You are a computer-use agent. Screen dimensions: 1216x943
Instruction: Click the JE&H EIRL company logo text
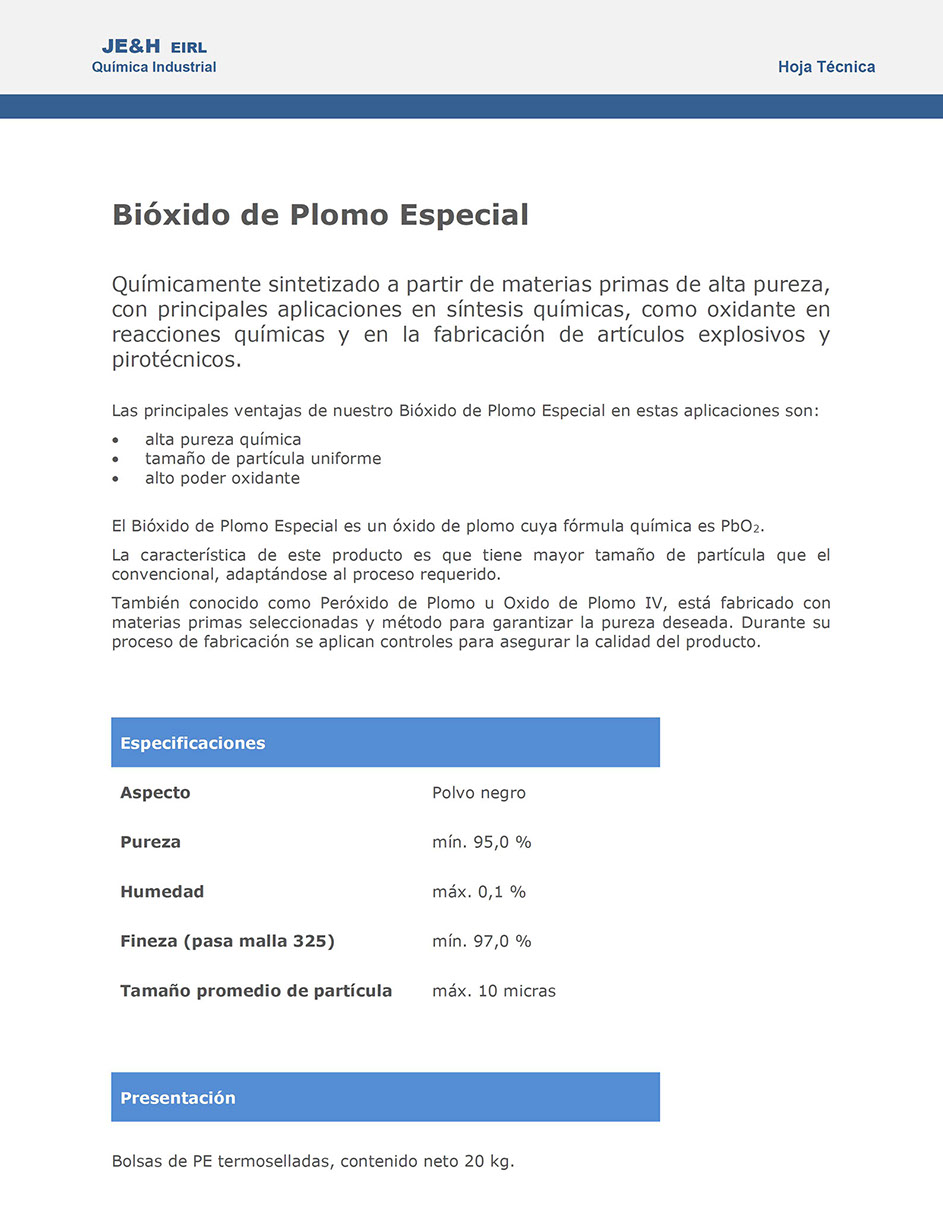154,47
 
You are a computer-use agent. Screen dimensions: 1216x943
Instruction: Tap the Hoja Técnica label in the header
826,67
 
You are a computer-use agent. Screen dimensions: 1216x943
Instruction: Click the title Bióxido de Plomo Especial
320,215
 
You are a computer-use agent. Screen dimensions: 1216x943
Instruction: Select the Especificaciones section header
193,743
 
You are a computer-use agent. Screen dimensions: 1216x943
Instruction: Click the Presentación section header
178,1098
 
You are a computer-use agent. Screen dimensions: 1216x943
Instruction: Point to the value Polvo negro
478,793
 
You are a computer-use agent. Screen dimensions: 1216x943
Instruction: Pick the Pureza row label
151,842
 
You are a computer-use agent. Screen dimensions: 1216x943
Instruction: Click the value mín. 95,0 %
481,842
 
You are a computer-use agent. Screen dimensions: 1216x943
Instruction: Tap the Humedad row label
162,892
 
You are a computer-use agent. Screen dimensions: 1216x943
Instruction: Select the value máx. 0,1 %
478,892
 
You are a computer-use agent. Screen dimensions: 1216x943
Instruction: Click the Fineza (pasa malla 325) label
227,941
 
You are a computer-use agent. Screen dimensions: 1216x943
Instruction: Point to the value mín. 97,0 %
481,941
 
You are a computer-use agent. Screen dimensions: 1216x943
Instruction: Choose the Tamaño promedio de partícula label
256,991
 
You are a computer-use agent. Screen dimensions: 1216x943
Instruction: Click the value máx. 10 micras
493,991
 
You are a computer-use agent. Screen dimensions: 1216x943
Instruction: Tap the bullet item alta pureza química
223,439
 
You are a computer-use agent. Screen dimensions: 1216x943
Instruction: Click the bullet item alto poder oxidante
222,478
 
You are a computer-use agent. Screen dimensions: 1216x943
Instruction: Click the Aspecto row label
155,793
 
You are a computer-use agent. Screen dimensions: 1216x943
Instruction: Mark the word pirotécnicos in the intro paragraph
176,360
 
